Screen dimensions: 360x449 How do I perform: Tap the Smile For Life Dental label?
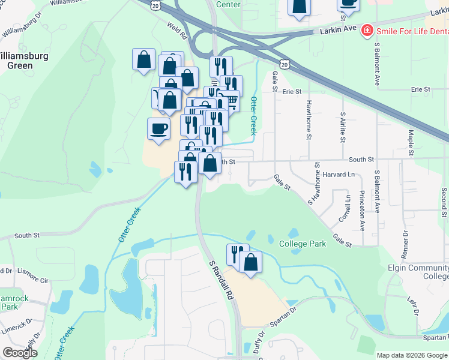412,31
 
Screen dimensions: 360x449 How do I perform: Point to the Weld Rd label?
179,27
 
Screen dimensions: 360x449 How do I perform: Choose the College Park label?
303,244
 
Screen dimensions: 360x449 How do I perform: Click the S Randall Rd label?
221,281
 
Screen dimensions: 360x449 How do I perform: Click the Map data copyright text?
412,355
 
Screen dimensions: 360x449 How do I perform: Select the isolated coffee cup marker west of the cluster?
158,129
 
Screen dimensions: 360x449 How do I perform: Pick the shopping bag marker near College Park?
250,262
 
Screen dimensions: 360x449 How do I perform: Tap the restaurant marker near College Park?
237,254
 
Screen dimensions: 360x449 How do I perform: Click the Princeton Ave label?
363,211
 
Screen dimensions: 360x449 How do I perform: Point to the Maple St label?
411,143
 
